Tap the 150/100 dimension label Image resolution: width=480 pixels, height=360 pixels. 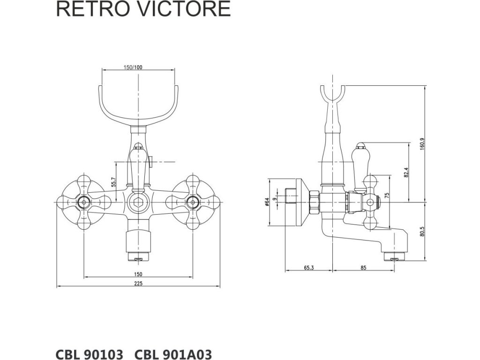[x=133, y=67]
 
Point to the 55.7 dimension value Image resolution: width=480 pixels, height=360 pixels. [x=113, y=182]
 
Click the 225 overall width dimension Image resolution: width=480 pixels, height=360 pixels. [x=138, y=283]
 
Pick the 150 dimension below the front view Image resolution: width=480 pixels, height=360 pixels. [x=138, y=274]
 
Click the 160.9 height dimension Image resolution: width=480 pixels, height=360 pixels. [x=422, y=144]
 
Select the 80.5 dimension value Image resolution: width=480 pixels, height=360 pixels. [x=422, y=232]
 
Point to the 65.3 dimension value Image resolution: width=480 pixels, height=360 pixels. [x=308, y=268]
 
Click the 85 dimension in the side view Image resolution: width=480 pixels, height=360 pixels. [x=364, y=268]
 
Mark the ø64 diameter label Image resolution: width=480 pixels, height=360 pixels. [x=267, y=202]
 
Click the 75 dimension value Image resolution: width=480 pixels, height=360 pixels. [x=387, y=195]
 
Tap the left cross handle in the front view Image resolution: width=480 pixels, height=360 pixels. [x=84, y=203]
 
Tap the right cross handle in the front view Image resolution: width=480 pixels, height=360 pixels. [x=192, y=203]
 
